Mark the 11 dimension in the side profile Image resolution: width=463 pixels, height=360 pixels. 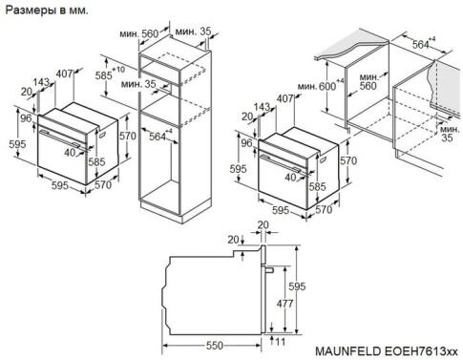(x=281, y=340)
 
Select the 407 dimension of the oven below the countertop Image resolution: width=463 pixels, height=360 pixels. (x=284, y=98)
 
